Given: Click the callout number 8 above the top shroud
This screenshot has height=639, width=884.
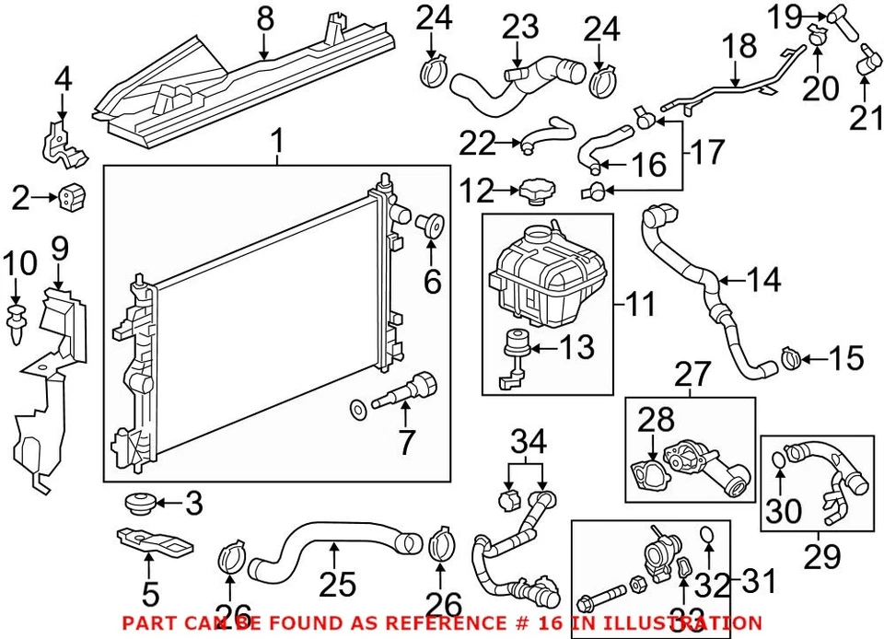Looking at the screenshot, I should coord(265,17).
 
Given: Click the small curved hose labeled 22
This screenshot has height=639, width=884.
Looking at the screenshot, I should coord(549,131).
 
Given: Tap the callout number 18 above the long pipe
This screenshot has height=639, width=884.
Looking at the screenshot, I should coord(739,46).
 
